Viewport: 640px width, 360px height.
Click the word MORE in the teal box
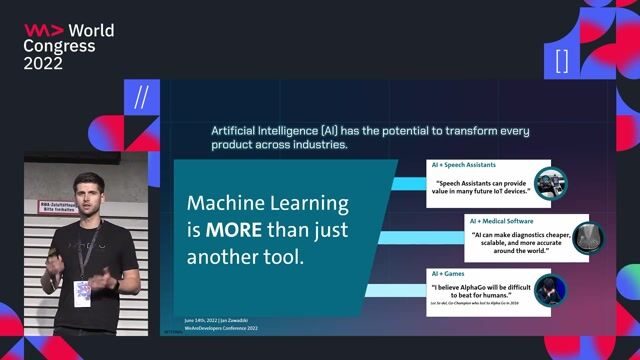(233, 229)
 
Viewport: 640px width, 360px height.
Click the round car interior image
(548, 184)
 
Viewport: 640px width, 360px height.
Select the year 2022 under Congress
(43, 63)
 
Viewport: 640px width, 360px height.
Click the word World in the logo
(91, 30)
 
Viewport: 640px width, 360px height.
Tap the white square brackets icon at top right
(561, 60)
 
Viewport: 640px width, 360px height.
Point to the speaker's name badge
(83, 292)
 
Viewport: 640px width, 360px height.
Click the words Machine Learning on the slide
(268, 204)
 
